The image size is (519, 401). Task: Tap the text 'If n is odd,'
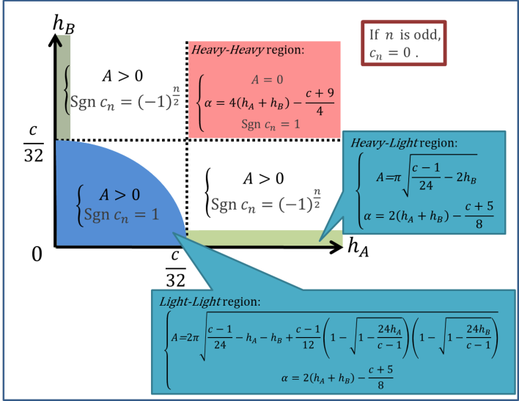[404, 34]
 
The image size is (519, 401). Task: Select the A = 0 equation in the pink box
[267, 79]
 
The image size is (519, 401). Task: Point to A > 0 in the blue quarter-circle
[119, 194]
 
